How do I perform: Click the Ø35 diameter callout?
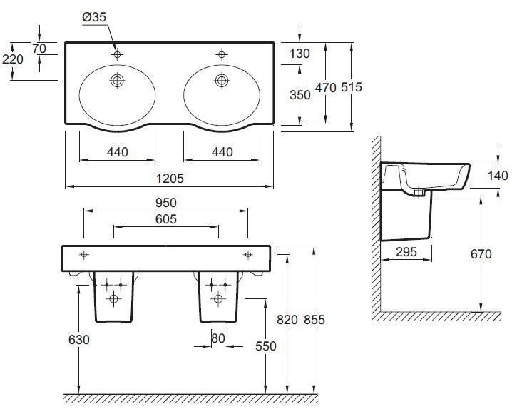(x=94, y=17)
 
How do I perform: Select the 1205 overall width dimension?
(x=170, y=179)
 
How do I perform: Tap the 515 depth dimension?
(x=352, y=87)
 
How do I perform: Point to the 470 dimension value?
(x=326, y=88)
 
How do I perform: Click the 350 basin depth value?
(x=300, y=95)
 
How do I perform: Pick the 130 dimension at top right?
(x=300, y=54)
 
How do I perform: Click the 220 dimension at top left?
(x=13, y=59)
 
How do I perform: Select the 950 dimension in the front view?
(x=166, y=203)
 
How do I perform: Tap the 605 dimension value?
(x=166, y=219)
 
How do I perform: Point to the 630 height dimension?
(x=79, y=340)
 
